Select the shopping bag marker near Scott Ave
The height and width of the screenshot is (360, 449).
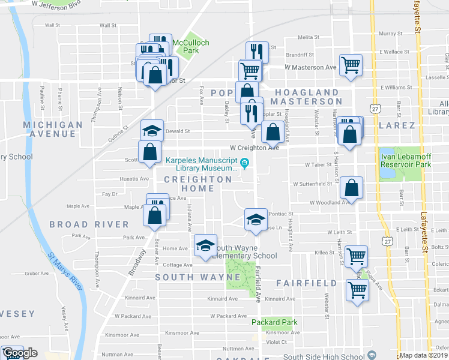149,152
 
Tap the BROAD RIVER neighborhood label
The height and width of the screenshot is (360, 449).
89,224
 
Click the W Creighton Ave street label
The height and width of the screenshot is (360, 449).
255,148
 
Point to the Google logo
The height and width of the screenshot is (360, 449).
20,353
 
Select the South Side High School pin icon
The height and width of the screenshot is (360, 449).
372,355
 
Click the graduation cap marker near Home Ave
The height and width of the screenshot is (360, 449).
205,245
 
